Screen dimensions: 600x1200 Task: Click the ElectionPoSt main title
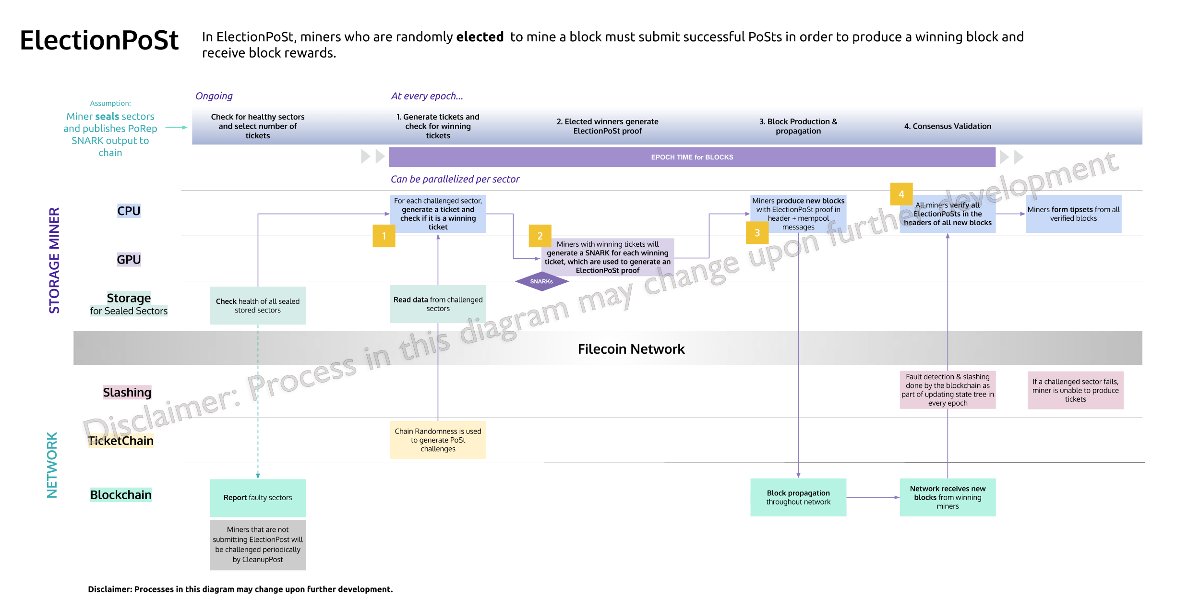99,40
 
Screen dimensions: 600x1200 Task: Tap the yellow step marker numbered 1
384,236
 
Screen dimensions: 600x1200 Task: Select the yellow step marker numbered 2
540,236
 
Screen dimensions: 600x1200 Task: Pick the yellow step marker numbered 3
757,233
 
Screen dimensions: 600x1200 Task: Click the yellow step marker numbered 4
901,194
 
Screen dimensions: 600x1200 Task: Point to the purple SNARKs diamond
541,281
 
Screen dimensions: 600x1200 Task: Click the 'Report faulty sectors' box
257,497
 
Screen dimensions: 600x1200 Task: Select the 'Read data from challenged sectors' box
438,304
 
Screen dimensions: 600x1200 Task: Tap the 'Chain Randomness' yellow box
438,440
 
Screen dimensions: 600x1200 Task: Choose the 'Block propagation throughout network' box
798,497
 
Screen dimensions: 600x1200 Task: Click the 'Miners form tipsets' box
1073,214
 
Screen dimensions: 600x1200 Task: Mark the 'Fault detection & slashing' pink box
948,390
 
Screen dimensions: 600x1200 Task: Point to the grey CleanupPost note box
257,544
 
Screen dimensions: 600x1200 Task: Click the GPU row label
129,260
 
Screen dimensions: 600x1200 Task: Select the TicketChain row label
121,441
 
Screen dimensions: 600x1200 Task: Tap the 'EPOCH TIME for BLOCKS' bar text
692,157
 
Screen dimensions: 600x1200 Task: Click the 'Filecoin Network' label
631,349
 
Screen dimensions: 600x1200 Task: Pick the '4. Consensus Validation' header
948,126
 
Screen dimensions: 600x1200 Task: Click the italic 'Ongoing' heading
214,96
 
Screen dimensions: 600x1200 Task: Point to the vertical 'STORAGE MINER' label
54,260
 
